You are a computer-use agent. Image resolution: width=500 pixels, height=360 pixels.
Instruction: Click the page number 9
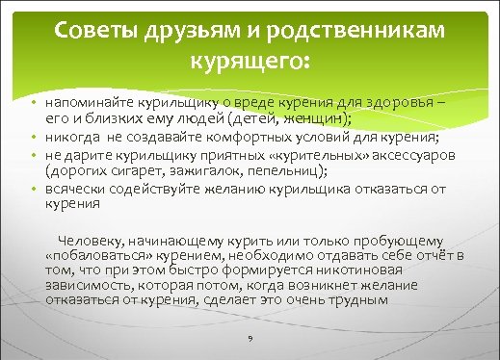[x=249, y=340]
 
